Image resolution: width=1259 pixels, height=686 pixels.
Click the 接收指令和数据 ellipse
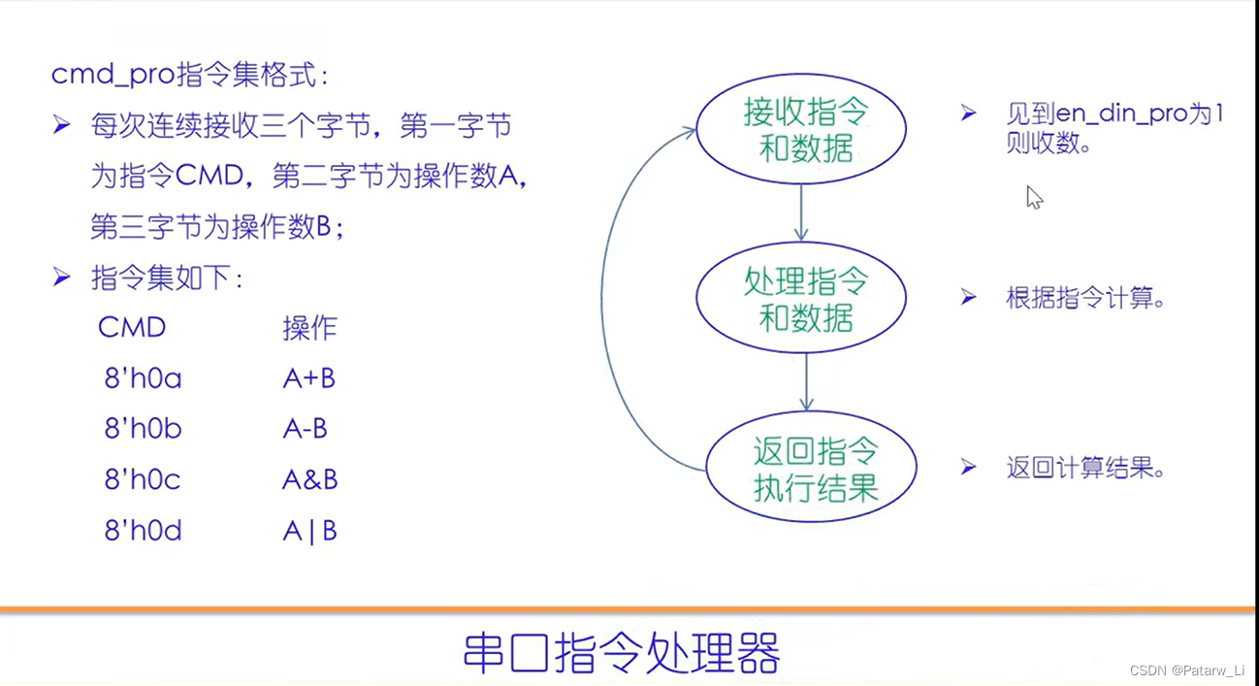point(800,130)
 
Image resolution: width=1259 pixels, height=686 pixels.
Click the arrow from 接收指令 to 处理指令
point(800,211)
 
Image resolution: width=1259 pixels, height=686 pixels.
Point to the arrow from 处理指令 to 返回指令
point(806,381)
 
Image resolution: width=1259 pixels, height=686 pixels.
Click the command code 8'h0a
point(143,378)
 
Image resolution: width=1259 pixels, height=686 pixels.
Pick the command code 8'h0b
point(143,429)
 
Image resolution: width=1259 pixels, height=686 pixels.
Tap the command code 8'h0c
point(143,479)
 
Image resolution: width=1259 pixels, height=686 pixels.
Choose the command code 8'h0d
point(143,531)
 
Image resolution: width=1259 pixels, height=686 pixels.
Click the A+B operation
point(308,378)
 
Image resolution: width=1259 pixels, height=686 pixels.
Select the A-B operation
point(305,429)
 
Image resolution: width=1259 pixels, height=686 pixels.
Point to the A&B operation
point(309,479)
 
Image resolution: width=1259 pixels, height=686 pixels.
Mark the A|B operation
point(309,531)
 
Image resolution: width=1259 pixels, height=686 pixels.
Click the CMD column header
point(132,328)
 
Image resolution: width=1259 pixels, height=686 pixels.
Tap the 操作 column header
point(309,328)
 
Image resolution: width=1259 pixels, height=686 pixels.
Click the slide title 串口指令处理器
point(621,652)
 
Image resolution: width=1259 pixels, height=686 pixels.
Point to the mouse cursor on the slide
point(1033,197)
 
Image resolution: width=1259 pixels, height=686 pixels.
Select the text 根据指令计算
point(1084,298)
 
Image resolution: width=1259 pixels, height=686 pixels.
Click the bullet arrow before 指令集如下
point(62,278)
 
